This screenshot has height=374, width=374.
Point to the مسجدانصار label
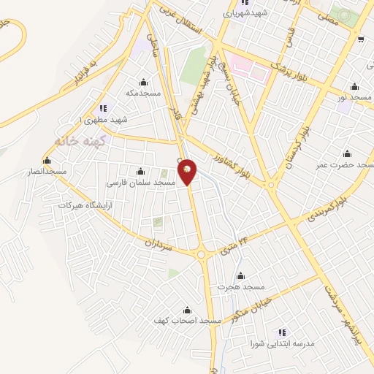pos(47,171)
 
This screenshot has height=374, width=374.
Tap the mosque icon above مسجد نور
pos(354,86)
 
